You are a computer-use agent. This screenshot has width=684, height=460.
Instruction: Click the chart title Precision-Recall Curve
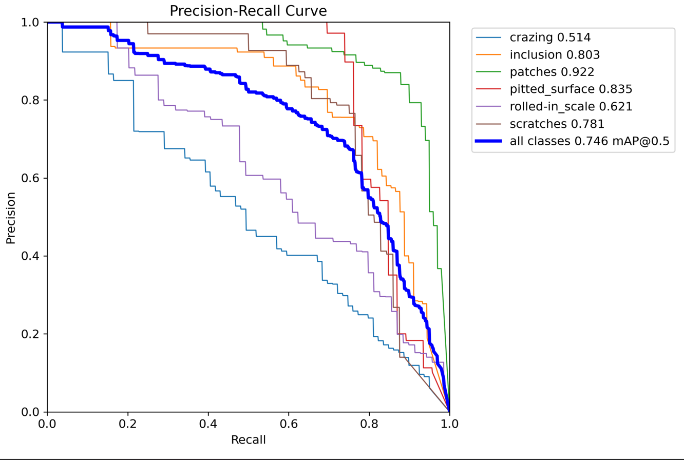(x=248, y=11)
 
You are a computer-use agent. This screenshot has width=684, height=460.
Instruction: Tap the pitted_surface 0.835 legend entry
(x=570, y=89)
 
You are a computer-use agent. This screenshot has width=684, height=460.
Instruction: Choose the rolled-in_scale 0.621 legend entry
(x=570, y=107)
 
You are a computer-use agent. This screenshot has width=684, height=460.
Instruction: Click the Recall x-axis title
(x=248, y=440)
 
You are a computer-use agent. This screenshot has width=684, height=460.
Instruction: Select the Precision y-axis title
(x=11, y=217)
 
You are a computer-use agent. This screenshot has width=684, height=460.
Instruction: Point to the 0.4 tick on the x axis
(x=208, y=425)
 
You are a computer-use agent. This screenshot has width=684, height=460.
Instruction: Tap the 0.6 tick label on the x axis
(x=289, y=425)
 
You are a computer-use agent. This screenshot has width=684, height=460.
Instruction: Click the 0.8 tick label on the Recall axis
(x=369, y=425)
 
